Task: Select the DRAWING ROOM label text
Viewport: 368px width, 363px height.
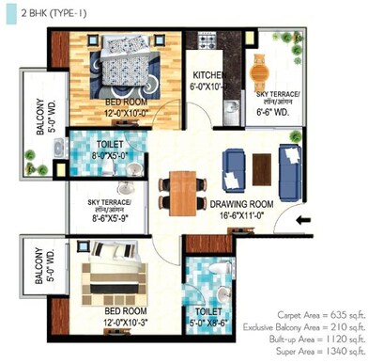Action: pos(239,203)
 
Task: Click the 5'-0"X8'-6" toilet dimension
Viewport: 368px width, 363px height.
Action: pos(209,321)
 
